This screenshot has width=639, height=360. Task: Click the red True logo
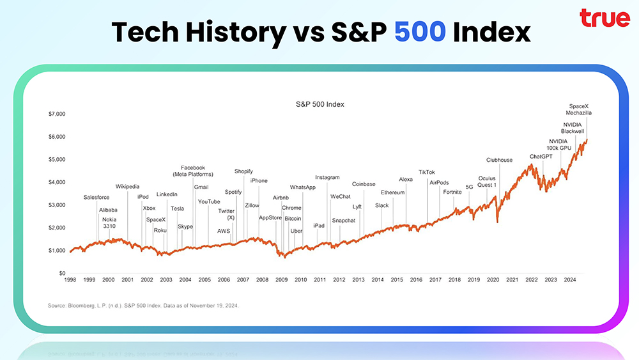604,19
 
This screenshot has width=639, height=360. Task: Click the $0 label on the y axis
61,273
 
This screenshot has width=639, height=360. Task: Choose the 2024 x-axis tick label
570,280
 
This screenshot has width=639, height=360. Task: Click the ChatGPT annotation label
543,157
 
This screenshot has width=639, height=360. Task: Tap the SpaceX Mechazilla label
580,109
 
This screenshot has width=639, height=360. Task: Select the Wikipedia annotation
127,187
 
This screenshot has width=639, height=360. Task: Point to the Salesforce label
96,198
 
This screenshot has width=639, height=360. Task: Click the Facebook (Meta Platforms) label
192,171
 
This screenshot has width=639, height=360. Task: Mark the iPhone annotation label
259,181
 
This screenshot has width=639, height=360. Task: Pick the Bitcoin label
293,219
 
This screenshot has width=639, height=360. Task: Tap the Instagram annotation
327,177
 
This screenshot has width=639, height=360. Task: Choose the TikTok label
427,172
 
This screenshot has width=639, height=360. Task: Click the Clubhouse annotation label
499,160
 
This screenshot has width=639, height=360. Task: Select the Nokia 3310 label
109,223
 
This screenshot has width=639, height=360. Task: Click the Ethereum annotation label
393,192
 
